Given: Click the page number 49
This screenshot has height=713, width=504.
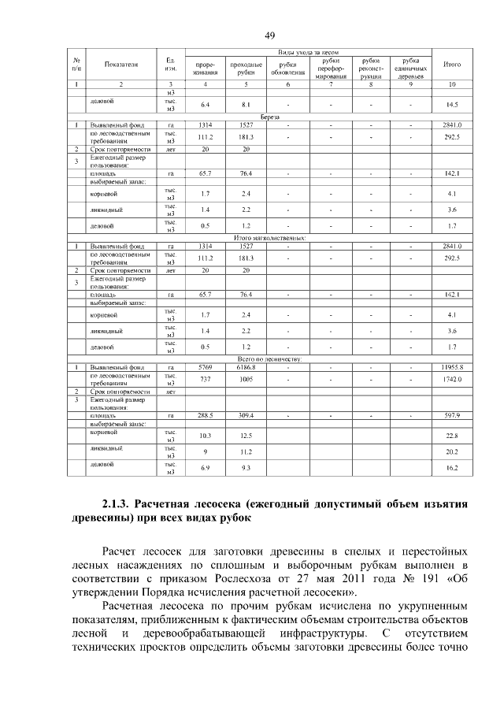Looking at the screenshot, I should (269, 35).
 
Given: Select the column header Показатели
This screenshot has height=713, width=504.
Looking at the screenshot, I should (120, 65).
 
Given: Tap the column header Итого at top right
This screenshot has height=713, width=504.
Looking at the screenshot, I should (452, 65).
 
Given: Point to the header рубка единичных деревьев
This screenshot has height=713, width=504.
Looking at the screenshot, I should (409, 69).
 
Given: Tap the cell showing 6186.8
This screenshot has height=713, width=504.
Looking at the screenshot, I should (246, 367).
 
